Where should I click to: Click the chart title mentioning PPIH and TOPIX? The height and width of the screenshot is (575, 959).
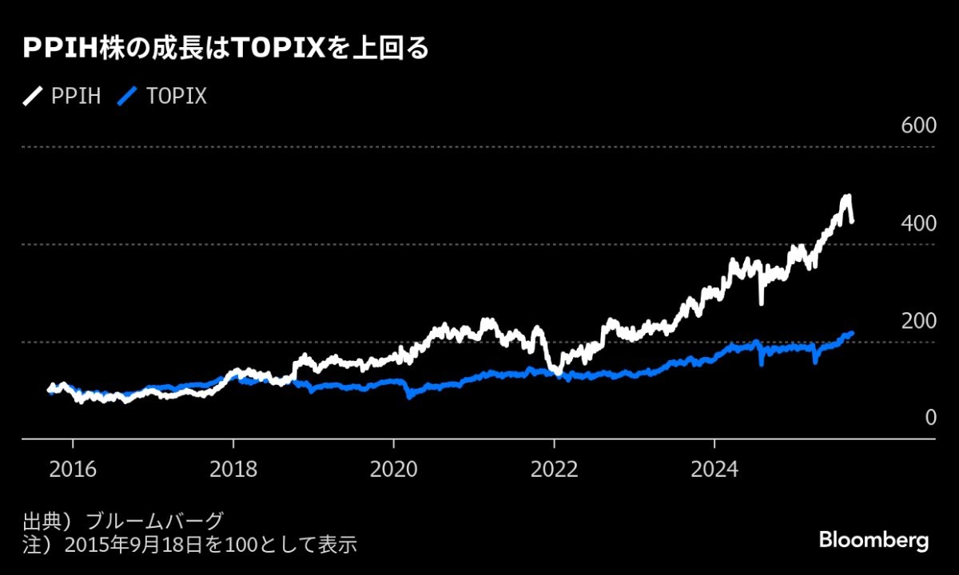[x=226, y=50]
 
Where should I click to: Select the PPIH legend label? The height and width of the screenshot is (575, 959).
[x=76, y=97]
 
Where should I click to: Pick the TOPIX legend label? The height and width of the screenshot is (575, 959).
[x=177, y=97]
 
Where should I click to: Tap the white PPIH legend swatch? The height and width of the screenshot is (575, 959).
[x=33, y=97]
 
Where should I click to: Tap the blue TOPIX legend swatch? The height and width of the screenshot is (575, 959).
[x=128, y=97]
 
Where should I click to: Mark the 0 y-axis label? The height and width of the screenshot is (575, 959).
[x=930, y=418]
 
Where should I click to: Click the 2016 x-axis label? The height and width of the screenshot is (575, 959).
[x=73, y=468]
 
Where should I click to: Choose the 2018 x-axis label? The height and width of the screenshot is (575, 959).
[x=233, y=468]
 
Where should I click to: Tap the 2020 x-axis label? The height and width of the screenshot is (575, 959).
[x=393, y=468]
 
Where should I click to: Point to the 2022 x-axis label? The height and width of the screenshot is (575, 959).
[x=554, y=468]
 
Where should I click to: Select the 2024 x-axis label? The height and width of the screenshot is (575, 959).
[x=714, y=468]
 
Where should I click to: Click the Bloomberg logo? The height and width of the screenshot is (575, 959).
[x=873, y=540]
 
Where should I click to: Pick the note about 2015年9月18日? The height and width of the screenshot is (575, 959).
[x=189, y=545]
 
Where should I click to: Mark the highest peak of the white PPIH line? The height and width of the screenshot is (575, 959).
[x=846, y=196]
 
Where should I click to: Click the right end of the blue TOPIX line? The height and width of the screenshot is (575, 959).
[x=852, y=333]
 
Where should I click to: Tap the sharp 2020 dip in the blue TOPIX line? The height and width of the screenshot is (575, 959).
[x=409, y=395]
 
